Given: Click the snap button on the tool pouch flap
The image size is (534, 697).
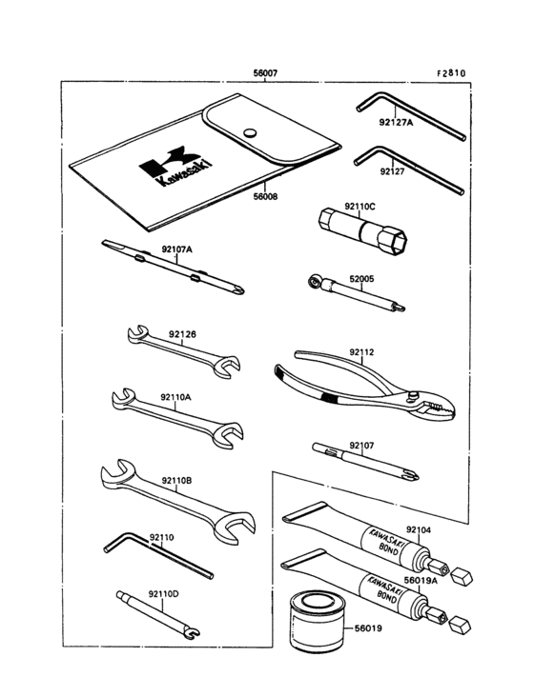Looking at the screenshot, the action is point(251,131).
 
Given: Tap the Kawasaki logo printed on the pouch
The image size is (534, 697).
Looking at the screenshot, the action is point(175,166).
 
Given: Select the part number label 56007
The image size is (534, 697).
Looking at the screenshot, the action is point(265,73).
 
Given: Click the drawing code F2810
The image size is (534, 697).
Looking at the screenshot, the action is point(451,73).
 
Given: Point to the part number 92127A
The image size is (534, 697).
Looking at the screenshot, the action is point(396,122).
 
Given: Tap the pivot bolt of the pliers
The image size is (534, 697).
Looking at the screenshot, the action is point(414,394).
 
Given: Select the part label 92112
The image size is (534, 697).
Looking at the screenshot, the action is point(361,352).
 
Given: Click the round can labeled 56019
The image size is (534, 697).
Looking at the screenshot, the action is point(317,622).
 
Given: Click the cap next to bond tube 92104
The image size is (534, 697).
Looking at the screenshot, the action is point(462,576).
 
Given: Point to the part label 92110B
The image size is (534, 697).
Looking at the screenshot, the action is point(176,481).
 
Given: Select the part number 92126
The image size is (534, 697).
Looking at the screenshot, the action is point(182,334).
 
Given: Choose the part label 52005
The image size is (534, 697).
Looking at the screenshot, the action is point(361,279).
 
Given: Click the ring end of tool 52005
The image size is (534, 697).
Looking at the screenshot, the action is point(315,282).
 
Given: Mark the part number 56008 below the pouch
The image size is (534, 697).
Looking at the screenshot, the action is point(265,196).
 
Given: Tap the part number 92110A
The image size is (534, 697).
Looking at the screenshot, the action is point(175,397).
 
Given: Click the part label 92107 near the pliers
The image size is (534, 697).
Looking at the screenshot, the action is point(361,446).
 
